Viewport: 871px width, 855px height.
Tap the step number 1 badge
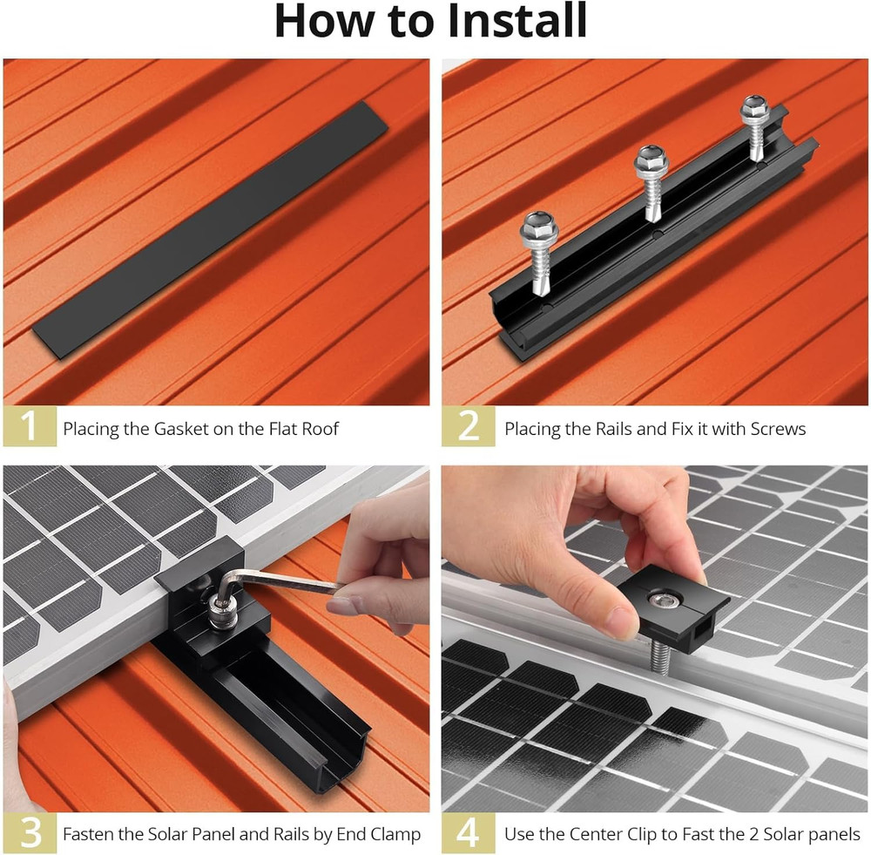[30, 427]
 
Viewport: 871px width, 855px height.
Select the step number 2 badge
[469, 427]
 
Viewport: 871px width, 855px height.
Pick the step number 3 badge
[30, 833]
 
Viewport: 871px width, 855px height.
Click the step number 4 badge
[469, 833]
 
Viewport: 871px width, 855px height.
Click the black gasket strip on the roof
[209, 228]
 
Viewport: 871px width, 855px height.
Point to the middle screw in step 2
[651, 163]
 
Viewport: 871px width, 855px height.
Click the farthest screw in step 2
[754, 111]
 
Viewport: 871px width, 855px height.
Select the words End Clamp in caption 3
[375, 834]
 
